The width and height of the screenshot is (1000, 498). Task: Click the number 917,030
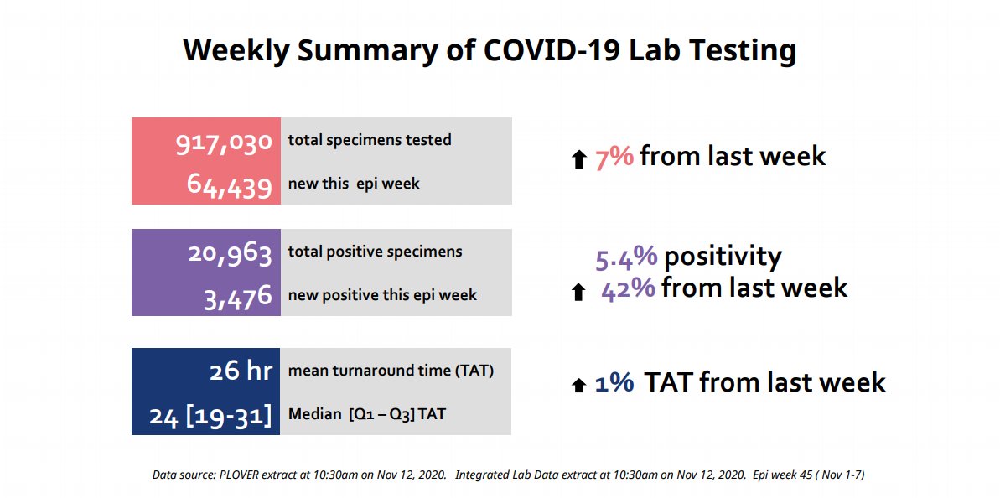pyautogui.click(x=224, y=143)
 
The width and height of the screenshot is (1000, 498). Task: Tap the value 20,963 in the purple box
pyautogui.click(x=230, y=253)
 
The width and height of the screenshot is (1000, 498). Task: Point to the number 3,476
pyautogui.click(x=238, y=297)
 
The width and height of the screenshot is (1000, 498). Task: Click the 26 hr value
pyautogui.click(x=241, y=371)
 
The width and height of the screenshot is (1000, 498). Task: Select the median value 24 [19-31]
pyautogui.click(x=210, y=415)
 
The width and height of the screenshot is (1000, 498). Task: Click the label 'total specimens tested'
pyautogui.click(x=370, y=140)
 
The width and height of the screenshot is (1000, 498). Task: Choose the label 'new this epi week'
pyautogui.click(x=354, y=184)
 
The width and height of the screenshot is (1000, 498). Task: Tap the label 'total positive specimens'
pyautogui.click(x=375, y=252)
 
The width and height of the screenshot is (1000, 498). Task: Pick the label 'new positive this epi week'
pyautogui.click(x=382, y=295)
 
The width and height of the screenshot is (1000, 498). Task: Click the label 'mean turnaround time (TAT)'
pyautogui.click(x=391, y=371)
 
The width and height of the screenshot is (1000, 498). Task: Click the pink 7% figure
pyautogui.click(x=614, y=157)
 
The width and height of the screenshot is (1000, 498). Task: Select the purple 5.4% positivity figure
pyautogui.click(x=626, y=257)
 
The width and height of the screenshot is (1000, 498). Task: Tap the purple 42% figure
pyautogui.click(x=628, y=288)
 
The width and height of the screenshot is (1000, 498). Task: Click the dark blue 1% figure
pyautogui.click(x=614, y=383)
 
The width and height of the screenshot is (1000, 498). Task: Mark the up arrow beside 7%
pyautogui.click(x=578, y=159)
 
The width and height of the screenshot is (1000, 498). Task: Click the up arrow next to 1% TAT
pyautogui.click(x=578, y=385)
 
